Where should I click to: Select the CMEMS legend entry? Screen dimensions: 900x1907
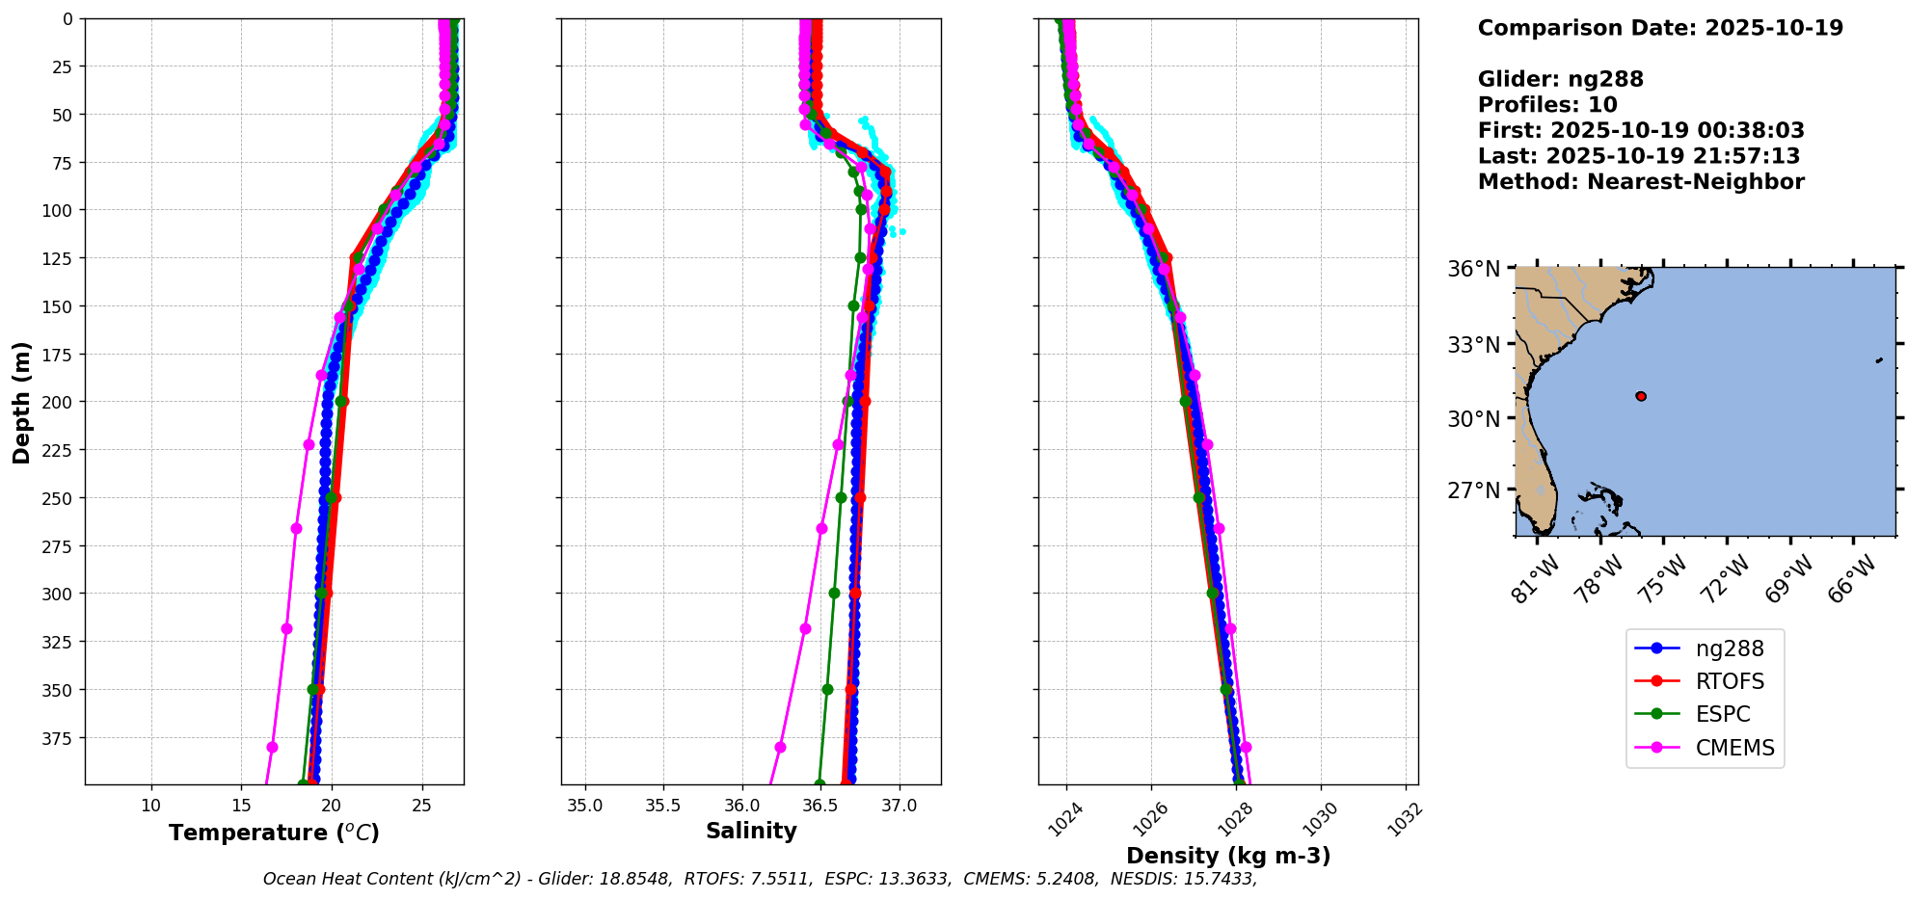[x=1734, y=748]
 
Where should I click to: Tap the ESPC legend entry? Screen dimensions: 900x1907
[x=1722, y=715]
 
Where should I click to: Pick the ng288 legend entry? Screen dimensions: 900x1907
[x=1730, y=649]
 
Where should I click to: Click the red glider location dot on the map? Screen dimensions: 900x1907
[x=1641, y=396]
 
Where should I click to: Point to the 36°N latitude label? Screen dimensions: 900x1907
[x=1473, y=269]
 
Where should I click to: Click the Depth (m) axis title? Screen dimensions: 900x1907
[x=21, y=402]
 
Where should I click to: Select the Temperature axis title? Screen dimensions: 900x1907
[x=274, y=833]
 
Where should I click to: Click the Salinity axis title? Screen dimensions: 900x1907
[x=751, y=831]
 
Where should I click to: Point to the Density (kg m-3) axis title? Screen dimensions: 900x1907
[x=1227, y=856]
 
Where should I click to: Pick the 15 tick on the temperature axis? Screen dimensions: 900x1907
[x=241, y=806]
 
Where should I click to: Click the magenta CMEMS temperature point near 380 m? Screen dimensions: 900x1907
[x=272, y=748]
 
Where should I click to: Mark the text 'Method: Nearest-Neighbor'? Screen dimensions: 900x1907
[x=1640, y=182]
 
